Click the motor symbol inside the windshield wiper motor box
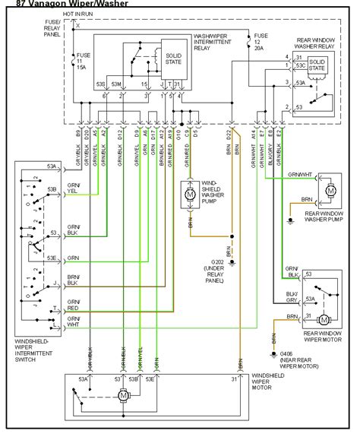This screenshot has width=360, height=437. tap(122, 395)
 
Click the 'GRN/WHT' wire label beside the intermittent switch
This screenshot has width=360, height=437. tap(73, 321)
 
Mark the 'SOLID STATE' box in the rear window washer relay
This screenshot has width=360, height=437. tap(317, 65)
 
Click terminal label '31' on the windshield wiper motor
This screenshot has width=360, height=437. tap(233, 378)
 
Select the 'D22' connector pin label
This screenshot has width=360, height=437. tap(229, 135)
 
